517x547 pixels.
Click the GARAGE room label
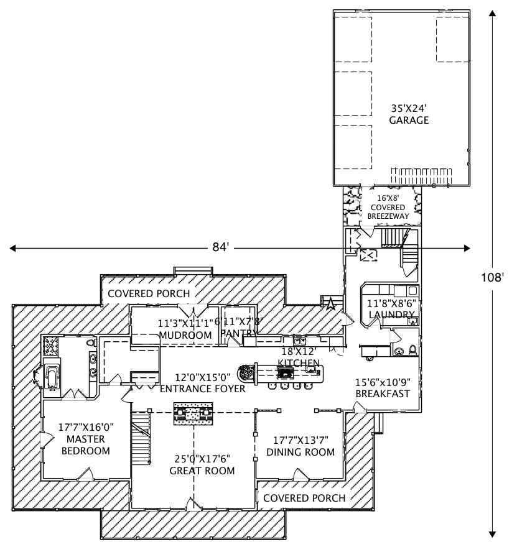(409, 120)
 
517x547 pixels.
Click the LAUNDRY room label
(392, 315)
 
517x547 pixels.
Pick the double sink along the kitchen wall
(299, 341)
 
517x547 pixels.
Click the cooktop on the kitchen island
(285, 373)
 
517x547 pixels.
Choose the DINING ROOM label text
(300, 452)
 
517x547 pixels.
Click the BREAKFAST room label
(382, 394)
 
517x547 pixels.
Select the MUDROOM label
(184, 335)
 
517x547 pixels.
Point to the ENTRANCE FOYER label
(202, 389)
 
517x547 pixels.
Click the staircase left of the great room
(142, 439)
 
